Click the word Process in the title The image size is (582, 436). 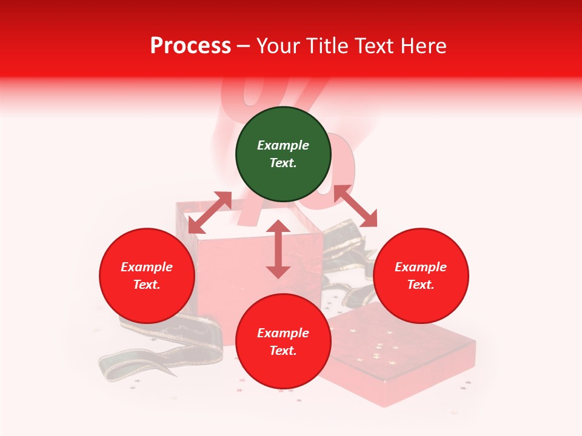(190, 46)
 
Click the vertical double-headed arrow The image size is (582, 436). (278, 249)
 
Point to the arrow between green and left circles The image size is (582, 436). (210, 213)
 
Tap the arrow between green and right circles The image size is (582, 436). (355, 206)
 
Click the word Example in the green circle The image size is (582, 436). (283, 145)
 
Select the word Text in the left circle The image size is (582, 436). (146, 285)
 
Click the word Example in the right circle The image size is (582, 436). (421, 267)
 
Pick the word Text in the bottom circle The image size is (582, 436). (283, 351)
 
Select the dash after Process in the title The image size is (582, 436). (243, 46)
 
